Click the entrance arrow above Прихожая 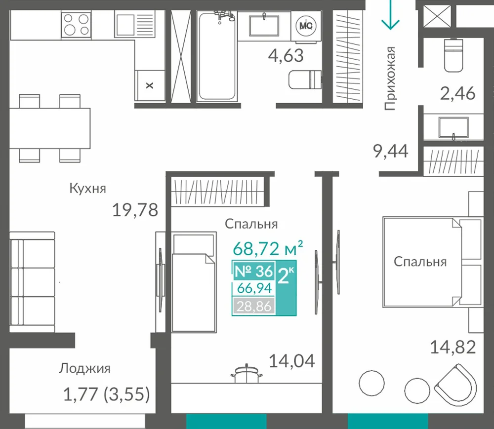point(390,15)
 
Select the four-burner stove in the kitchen point(76,25)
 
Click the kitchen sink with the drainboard point(134,24)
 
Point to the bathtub point(217,56)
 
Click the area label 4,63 point(286,56)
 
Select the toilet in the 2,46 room point(453,55)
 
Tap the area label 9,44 point(391,151)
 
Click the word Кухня point(87,188)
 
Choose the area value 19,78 point(135,210)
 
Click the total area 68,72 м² point(268,248)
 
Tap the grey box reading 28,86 point(254,306)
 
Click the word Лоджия point(85,369)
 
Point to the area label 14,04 point(292,361)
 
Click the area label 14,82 point(453,348)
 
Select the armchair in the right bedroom point(455,385)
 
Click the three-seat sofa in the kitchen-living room point(32,282)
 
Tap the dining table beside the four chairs point(50,128)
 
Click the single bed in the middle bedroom point(194,282)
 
